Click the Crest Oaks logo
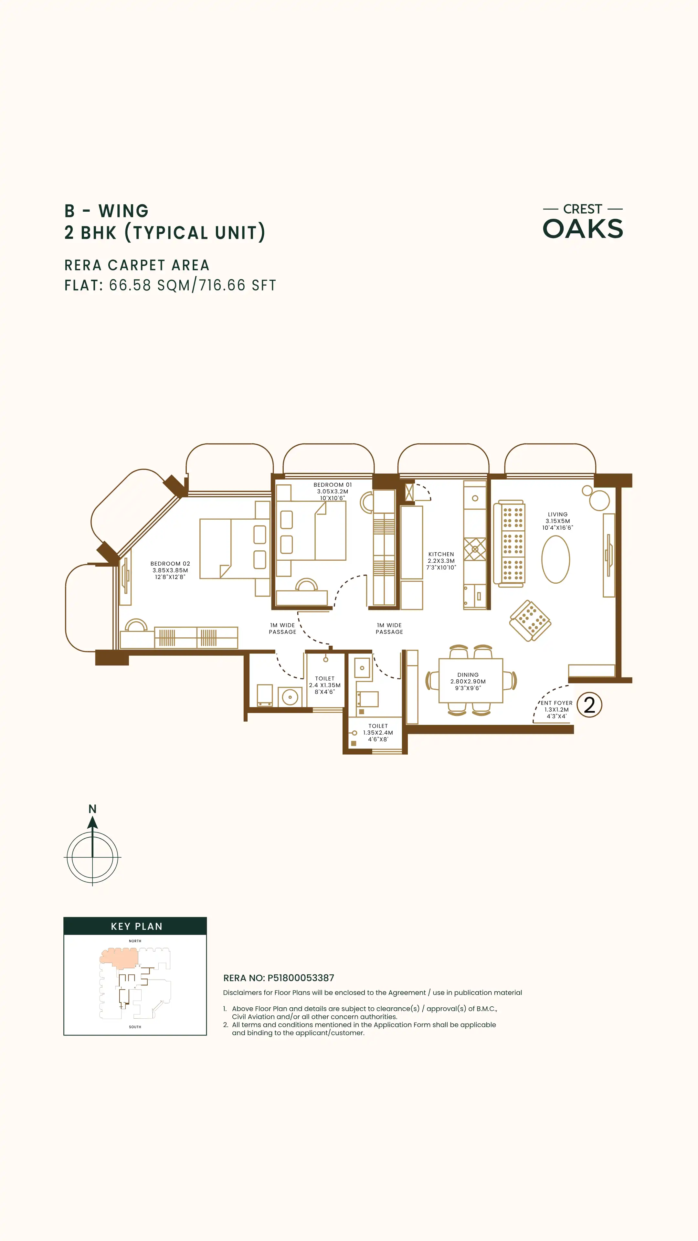tap(583, 222)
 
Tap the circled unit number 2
tap(590, 705)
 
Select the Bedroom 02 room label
tap(170, 570)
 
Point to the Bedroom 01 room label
tap(333, 491)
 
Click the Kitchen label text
tap(441, 561)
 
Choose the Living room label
tap(558, 521)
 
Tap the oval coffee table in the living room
tap(556, 559)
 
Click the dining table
tap(471, 681)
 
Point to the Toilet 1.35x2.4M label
tap(378, 732)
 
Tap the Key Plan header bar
tap(135, 926)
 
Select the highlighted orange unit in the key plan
tap(119, 957)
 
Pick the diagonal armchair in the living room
tap(530, 620)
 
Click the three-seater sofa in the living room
tap(509, 543)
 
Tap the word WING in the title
tap(124, 211)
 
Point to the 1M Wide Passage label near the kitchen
tap(389, 628)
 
